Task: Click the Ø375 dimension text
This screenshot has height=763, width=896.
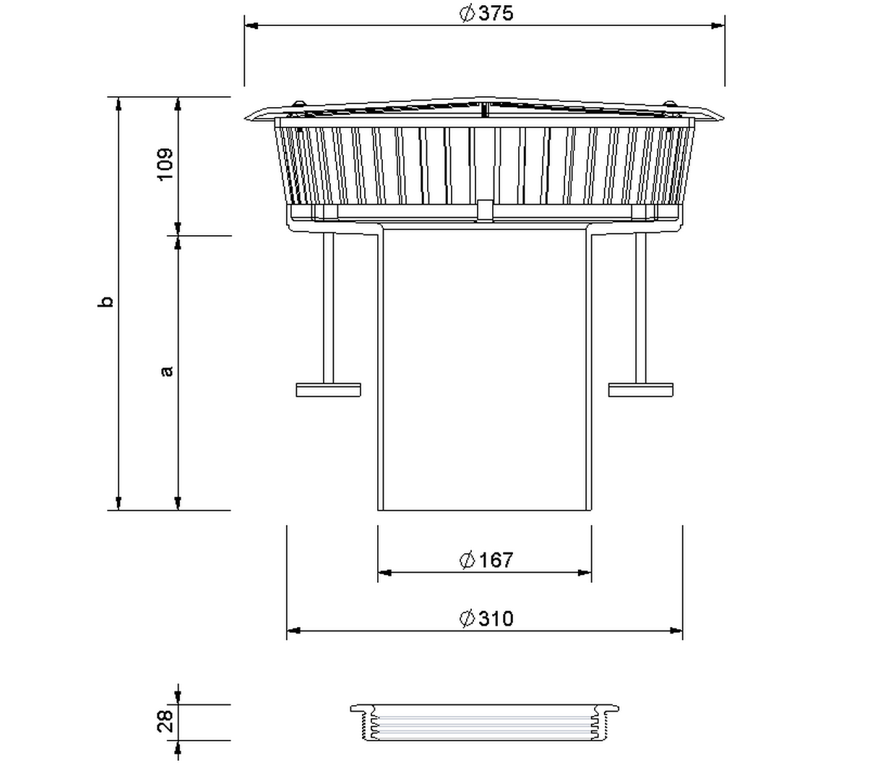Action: pos(486,13)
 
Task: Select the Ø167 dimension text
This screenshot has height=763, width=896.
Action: pos(486,560)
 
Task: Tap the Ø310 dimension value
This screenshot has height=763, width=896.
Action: pos(486,618)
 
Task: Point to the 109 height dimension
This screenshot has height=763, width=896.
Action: pos(165,164)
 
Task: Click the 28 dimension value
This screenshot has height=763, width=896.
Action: pos(165,721)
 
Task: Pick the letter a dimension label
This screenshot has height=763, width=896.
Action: pos(166,371)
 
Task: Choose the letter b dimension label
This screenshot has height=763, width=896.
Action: pos(105,302)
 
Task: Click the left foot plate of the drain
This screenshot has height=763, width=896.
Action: pos(328,390)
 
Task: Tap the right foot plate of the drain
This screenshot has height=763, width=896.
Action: pos(641,390)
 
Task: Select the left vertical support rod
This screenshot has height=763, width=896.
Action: pos(329,308)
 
